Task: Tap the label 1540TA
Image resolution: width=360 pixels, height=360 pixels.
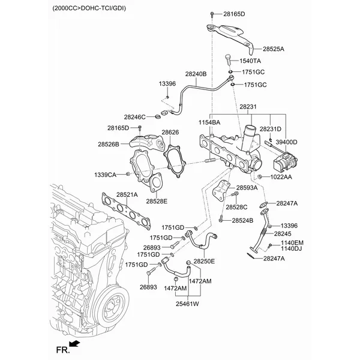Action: (x=250, y=61)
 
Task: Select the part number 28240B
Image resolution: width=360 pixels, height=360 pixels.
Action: (x=196, y=74)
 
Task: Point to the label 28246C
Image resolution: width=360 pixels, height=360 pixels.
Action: (x=135, y=116)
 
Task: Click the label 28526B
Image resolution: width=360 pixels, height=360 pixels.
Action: (x=109, y=143)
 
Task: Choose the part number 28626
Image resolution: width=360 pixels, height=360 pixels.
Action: (x=170, y=132)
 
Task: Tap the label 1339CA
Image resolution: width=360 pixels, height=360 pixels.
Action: (x=106, y=174)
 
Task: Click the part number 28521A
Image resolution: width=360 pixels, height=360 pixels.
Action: (x=127, y=195)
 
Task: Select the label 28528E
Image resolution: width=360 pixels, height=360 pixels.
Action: (x=157, y=201)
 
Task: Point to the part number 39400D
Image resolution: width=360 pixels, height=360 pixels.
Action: (x=286, y=142)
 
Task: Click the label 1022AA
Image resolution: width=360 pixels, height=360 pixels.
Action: (x=280, y=177)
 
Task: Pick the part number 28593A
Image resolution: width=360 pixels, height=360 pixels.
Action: (x=247, y=188)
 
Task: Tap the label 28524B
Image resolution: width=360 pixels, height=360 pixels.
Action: (x=242, y=220)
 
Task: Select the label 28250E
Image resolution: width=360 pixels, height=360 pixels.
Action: (x=204, y=262)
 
